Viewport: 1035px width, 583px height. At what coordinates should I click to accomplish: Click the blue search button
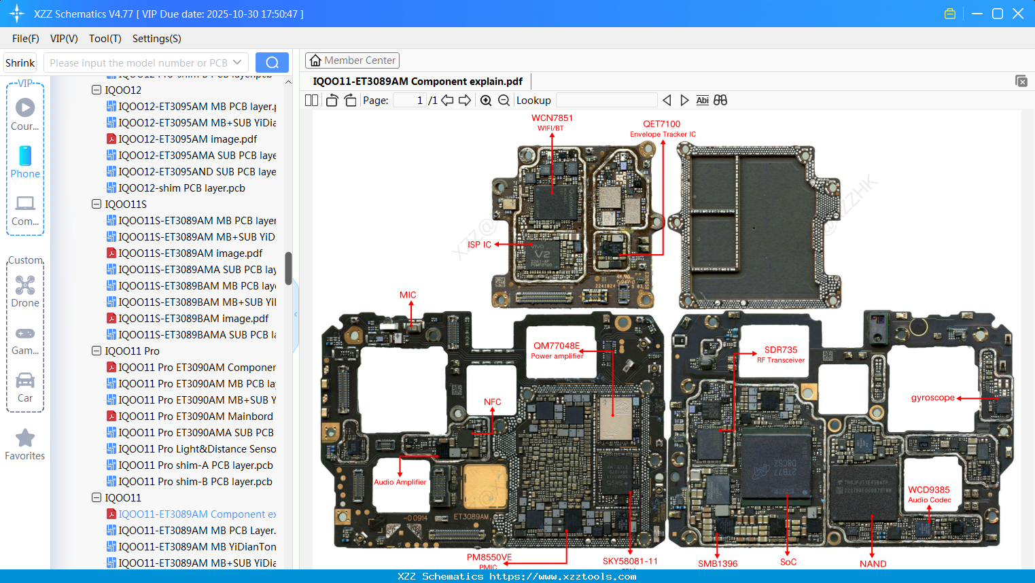(x=272, y=63)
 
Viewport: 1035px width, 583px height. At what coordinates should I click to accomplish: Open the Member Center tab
(x=352, y=60)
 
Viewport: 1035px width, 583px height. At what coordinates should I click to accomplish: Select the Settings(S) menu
(x=156, y=39)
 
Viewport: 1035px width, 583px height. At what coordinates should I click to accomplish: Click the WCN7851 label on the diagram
(x=552, y=118)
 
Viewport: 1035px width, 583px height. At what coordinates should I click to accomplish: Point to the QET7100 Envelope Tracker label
(x=662, y=128)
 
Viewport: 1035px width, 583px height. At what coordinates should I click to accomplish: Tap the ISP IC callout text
(x=479, y=245)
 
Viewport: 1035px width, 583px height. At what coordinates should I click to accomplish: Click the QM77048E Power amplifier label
(x=557, y=350)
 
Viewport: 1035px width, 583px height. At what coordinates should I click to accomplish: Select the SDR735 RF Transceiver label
(x=781, y=354)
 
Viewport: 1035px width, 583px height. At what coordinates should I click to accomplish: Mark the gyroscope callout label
(x=932, y=397)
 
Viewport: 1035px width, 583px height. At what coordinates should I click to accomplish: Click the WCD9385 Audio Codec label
(x=929, y=494)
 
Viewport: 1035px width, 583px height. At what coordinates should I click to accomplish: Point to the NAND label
(x=873, y=563)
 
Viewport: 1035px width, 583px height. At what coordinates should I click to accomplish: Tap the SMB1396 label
(x=718, y=563)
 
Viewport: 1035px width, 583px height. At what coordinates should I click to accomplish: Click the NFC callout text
(x=492, y=402)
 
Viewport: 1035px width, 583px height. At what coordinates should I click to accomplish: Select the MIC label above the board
(x=408, y=295)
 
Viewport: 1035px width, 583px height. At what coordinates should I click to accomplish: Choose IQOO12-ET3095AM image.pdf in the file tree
(x=187, y=139)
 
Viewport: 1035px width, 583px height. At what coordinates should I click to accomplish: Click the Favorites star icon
(x=25, y=438)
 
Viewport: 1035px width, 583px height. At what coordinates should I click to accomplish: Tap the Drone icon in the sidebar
(x=25, y=285)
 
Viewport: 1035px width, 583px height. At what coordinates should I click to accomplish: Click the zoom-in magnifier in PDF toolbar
(x=486, y=101)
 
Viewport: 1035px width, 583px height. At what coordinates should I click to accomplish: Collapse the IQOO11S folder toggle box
(x=97, y=204)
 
